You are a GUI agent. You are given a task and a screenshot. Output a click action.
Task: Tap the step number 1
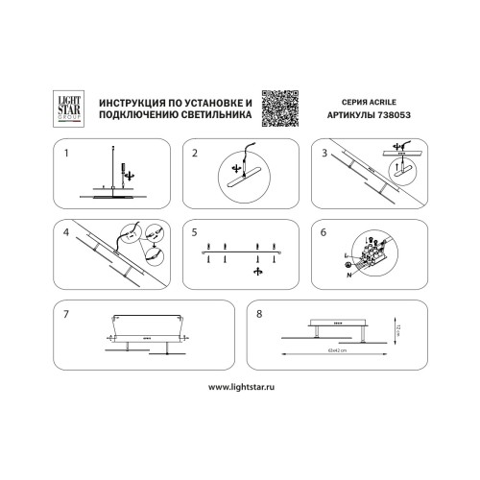[66, 152]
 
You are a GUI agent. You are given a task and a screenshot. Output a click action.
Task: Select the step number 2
[195, 152]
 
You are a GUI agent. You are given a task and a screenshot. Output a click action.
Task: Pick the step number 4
[66, 232]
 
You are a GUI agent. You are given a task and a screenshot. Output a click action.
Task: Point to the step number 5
[195, 232]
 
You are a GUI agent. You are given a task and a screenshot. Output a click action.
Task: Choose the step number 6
[324, 232]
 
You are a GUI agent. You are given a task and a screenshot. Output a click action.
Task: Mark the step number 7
[66, 313]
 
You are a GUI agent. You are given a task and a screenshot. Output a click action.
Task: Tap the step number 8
[260, 313]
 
